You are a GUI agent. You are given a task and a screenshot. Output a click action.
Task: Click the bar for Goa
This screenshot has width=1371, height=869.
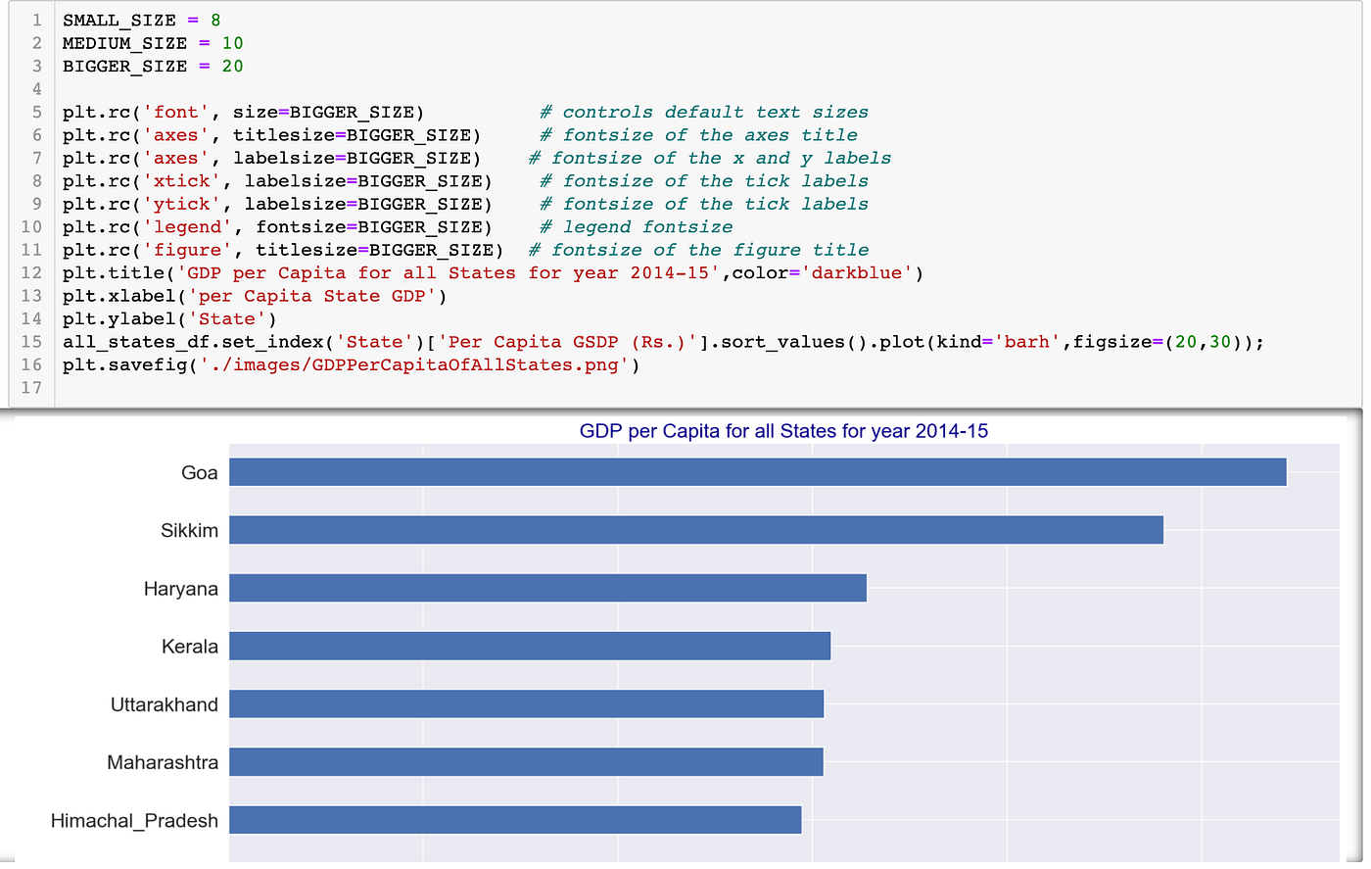point(757,472)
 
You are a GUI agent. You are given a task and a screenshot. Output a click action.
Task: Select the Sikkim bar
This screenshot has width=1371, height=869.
point(695,530)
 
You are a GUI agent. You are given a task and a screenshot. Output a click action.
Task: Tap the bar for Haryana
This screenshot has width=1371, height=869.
point(547,588)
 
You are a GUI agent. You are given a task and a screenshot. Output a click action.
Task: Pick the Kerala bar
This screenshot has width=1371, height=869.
point(529,646)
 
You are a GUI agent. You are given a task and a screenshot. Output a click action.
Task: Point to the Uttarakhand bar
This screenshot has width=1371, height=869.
point(526,703)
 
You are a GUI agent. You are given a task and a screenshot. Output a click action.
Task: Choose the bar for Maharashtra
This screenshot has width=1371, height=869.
point(526,762)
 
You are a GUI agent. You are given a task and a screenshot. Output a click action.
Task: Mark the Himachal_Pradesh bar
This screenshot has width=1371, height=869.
point(515,820)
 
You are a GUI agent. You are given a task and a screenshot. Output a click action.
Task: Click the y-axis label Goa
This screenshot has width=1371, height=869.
point(200,473)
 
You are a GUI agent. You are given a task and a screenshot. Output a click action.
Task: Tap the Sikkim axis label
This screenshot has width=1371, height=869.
point(189,531)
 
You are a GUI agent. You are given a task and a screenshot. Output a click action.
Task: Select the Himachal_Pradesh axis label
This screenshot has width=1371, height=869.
point(134,821)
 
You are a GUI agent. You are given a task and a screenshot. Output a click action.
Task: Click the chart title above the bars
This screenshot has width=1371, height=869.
point(783,431)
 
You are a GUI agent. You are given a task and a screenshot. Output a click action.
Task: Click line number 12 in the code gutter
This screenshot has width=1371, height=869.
point(31,272)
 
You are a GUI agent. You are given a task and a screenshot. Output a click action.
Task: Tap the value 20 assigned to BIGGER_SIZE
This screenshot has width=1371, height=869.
point(232,66)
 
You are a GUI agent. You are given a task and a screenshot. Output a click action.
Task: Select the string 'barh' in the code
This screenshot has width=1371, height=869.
point(1027,342)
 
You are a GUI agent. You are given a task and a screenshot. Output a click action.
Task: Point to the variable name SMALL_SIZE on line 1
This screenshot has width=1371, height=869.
point(118,20)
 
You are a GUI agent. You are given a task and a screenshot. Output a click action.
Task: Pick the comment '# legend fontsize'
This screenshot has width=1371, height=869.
point(637,227)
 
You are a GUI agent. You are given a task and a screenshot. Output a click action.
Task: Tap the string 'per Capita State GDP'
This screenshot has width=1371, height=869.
point(312,296)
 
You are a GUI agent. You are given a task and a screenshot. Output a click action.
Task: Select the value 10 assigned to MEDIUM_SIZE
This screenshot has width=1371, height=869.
point(232,43)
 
